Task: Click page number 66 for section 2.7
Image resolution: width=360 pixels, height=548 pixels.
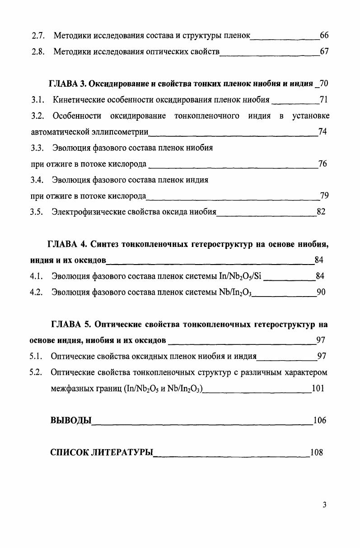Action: [324, 35]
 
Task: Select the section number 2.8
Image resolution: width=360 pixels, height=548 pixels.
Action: [37, 52]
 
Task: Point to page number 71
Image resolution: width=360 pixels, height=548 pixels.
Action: [323, 100]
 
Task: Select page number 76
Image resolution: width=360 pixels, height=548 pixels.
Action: [323, 164]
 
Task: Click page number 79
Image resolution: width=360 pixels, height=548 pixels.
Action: [324, 195]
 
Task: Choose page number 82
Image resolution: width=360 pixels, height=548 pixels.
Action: [321, 211]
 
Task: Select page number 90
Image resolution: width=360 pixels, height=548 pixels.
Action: [321, 292]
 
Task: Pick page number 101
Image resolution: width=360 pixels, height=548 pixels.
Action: [318, 388]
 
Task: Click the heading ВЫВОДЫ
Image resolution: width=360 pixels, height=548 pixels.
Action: [71, 420]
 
